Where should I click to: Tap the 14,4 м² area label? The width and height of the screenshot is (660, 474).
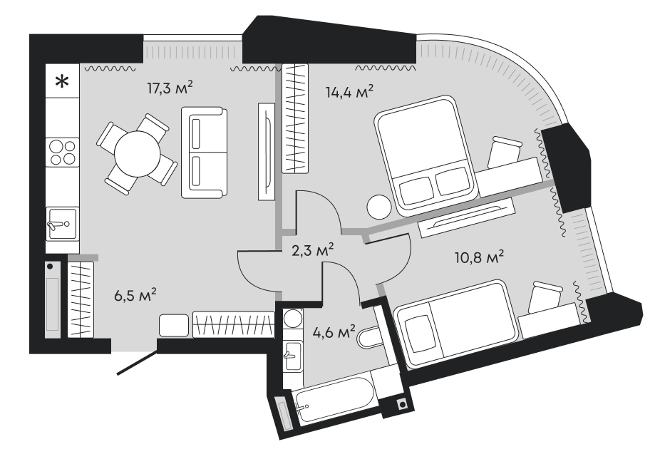350,92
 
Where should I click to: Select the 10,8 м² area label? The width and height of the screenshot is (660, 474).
480,256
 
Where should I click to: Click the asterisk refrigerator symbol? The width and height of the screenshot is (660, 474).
63,81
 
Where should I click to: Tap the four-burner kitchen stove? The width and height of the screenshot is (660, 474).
62,151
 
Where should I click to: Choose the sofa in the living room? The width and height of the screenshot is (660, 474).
202,152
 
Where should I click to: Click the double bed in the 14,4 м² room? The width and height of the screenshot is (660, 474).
426,155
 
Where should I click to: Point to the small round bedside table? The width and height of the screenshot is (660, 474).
378,207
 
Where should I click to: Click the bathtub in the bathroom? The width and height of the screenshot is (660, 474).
334,409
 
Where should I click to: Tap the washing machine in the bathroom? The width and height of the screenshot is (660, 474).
292,319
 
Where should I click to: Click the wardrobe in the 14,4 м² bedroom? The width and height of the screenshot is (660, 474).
295,118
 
